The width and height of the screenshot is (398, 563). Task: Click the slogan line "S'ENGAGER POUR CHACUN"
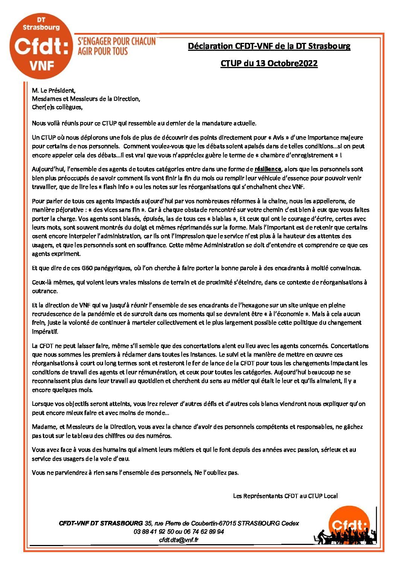coord(116,42)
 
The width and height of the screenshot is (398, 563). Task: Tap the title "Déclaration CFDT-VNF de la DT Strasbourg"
coord(269,46)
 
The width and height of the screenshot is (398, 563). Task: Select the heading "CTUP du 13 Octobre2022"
coord(269,63)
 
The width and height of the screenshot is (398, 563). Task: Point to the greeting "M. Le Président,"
coord(54,91)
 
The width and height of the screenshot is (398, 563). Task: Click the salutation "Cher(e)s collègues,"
coord(57,107)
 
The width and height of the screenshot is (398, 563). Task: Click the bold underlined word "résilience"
coord(267,169)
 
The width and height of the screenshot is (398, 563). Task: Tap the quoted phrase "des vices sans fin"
coord(117,210)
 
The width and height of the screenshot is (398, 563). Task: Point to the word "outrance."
coord(45,291)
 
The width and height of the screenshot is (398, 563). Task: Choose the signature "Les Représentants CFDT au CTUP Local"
coord(285,496)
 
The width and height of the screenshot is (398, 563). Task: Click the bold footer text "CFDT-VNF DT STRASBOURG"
coord(101,523)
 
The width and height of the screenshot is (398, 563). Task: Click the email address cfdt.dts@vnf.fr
coord(179,540)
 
